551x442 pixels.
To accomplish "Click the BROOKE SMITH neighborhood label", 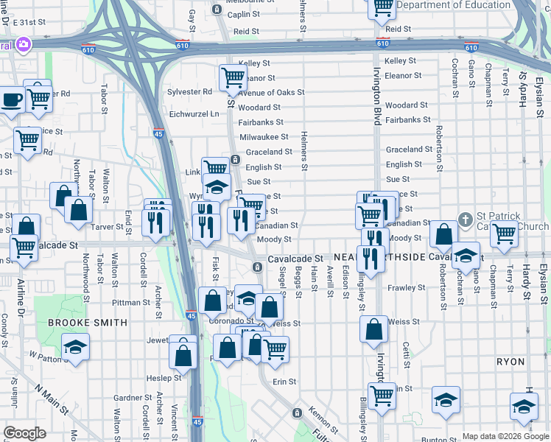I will tap(88, 323).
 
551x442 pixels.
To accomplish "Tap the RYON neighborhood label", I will tap(510, 362).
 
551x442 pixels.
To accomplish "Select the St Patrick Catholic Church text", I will tap(508, 221).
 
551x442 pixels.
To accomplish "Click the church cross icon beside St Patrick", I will tap(465, 219).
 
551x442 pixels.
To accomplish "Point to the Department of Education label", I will tap(453, 5).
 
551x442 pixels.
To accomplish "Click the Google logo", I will tap(24, 433).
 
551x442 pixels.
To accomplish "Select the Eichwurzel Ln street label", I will tap(194, 114).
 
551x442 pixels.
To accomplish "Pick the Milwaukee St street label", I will tap(264, 137).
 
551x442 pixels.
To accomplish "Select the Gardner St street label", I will tap(133, 398).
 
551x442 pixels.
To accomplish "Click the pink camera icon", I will tap(24, 46).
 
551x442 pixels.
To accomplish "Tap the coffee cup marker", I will tap(12, 100).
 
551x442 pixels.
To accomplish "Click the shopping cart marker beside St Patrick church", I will tap(504, 234).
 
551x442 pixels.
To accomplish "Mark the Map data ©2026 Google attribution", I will tap(505, 436).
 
